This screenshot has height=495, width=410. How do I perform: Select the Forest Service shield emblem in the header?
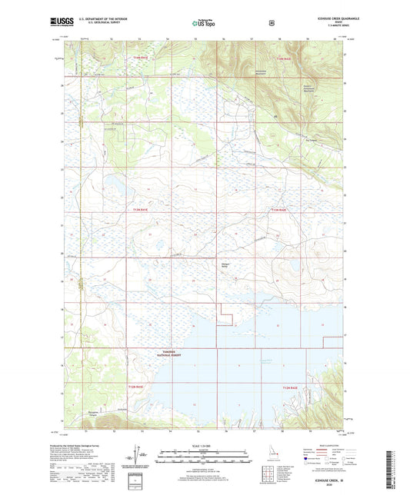[272, 24]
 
